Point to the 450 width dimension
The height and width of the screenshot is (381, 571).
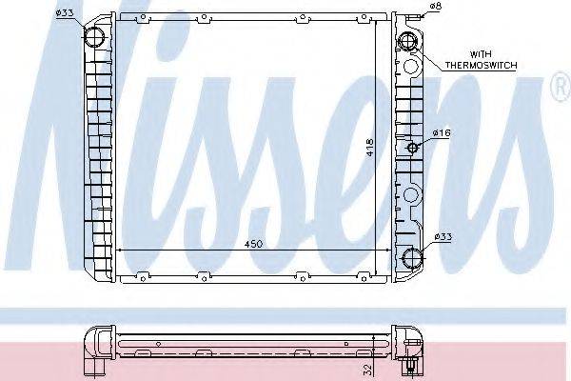(x=253, y=244)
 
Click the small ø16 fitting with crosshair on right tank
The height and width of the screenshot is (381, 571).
(x=412, y=148)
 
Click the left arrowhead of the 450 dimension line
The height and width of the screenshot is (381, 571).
(x=120, y=250)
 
